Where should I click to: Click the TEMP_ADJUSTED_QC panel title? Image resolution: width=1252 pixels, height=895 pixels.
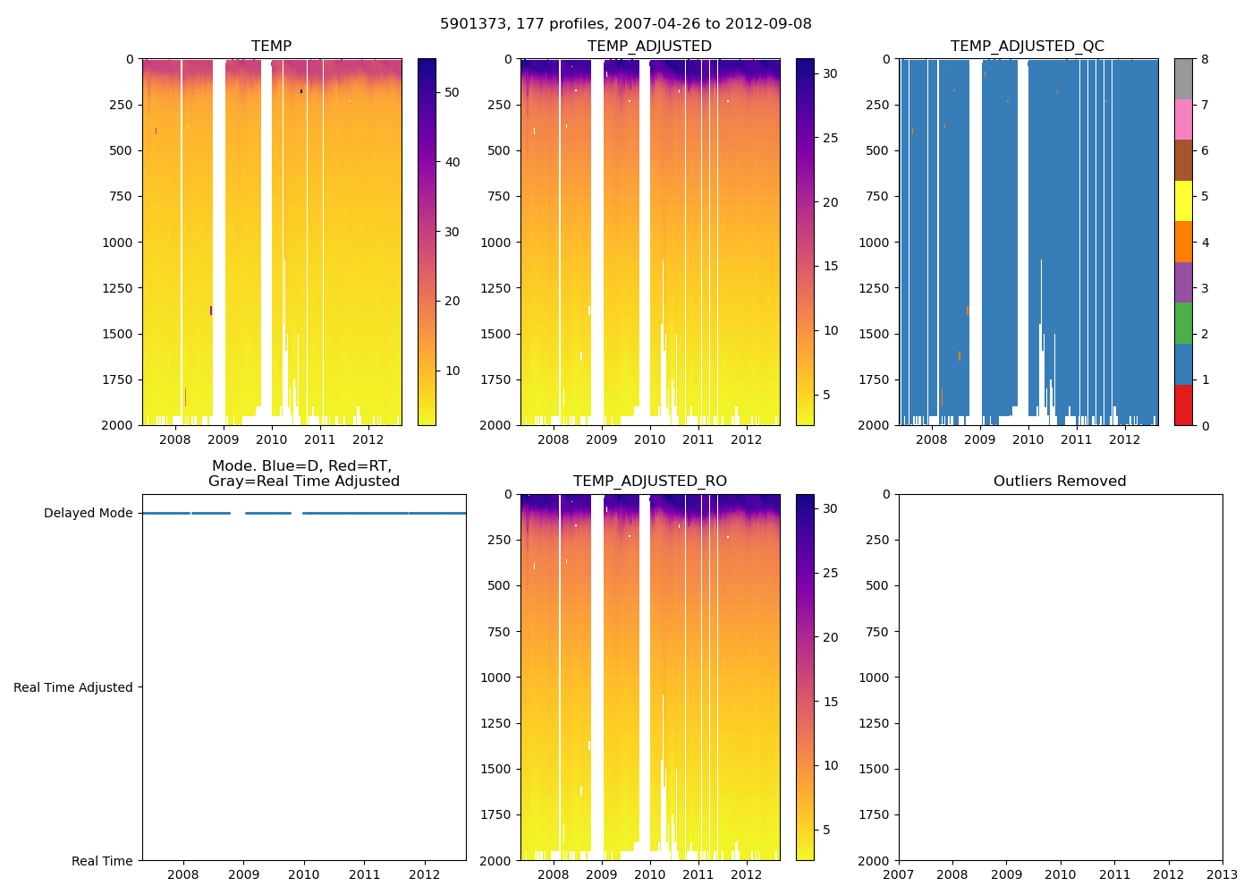click(1027, 46)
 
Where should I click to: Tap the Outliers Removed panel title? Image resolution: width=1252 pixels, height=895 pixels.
click(1060, 481)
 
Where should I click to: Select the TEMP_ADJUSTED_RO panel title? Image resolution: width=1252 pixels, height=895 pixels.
click(649, 481)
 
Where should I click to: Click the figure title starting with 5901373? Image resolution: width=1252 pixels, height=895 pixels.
click(626, 24)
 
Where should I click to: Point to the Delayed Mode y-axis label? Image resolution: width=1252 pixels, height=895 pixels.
click(88, 513)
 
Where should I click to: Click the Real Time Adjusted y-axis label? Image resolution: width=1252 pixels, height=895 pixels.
click(73, 687)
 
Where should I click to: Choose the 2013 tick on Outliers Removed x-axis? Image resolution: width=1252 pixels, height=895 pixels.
click(1222, 874)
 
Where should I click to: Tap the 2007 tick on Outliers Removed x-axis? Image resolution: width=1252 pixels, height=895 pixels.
click(899, 874)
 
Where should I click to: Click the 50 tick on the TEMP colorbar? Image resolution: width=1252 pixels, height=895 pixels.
click(452, 92)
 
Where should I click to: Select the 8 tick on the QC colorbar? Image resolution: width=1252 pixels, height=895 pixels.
click(1205, 59)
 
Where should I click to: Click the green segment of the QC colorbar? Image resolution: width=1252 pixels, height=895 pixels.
click(1183, 323)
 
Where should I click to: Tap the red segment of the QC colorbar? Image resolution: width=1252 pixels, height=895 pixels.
click(1183, 405)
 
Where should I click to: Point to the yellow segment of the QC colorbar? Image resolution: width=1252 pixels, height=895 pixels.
click(1183, 200)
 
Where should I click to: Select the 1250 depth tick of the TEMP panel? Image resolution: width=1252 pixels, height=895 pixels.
click(118, 288)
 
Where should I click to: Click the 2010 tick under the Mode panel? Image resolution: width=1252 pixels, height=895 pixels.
click(304, 874)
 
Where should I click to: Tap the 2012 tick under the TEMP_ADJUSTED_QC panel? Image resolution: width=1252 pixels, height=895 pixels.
click(1125, 439)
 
